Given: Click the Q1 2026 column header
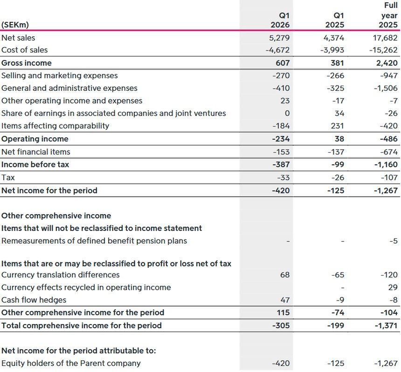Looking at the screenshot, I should [x=280, y=20].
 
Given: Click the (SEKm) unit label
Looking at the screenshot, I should [x=15, y=25].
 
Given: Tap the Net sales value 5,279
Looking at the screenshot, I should [x=280, y=38].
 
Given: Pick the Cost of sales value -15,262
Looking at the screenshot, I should [x=383, y=50].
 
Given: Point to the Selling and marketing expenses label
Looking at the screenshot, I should [x=60, y=75].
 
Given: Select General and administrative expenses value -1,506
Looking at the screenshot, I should [x=385, y=88].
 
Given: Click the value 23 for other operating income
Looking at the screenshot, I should [x=285, y=101].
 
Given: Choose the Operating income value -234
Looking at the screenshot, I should [x=281, y=139].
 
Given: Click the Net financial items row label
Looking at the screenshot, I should [x=36, y=152].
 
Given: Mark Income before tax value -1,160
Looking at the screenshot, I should [x=385, y=164].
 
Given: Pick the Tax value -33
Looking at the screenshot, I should [x=283, y=177].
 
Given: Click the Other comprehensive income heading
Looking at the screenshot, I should [x=56, y=216].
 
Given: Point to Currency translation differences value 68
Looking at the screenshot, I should [x=285, y=275].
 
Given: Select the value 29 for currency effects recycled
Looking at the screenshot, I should [x=393, y=287].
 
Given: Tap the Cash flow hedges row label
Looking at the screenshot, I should [x=34, y=300].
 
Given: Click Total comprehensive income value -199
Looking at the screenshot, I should [x=336, y=325].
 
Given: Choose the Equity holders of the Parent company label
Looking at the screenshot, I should [x=71, y=363].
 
